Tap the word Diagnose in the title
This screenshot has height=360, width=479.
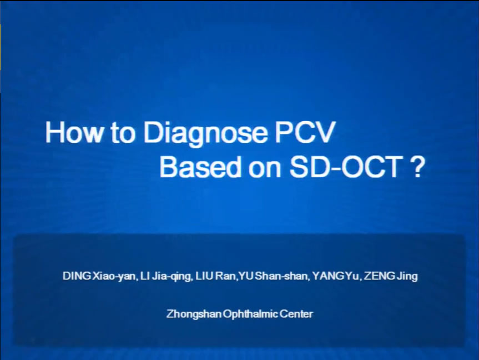[205, 133]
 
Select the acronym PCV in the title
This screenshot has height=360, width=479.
[305, 132]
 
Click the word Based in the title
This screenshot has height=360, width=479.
[200, 167]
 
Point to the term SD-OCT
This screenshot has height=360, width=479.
[346, 167]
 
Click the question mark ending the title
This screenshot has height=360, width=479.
[416, 167]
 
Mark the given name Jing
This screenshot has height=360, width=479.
[407, 277]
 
